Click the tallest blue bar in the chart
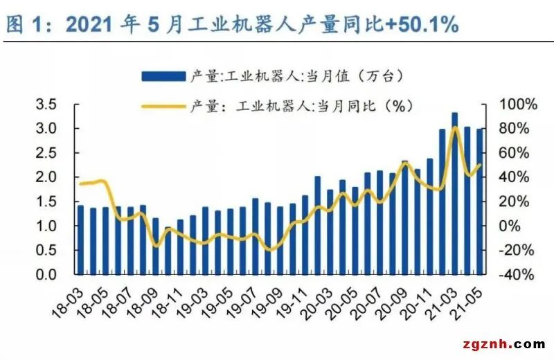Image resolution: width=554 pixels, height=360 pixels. click(454, 194)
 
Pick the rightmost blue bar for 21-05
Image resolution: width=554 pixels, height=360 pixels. click(479, 201)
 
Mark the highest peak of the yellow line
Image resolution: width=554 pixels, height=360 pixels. click(455, 127)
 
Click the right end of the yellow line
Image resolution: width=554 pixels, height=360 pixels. click(480, 165)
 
